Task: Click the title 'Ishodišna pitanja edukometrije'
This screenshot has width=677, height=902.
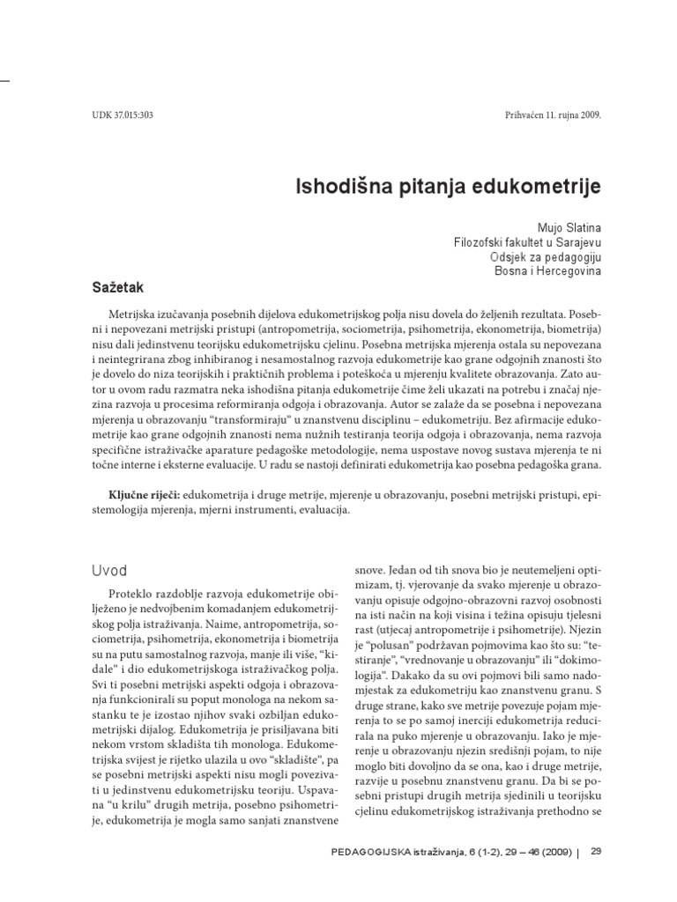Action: click(447, 187)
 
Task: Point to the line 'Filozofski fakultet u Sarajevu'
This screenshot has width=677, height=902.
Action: click(527, 242)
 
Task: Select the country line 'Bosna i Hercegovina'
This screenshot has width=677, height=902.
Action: click(548, 271)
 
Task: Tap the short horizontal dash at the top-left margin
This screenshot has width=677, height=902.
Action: click(4, 80)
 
